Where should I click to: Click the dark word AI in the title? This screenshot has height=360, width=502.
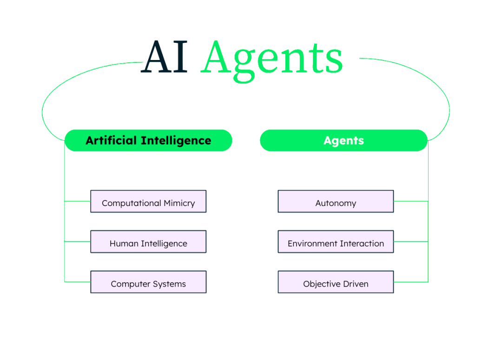[x=165, y=58]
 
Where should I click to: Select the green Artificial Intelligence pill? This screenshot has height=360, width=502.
[x=148, y=140]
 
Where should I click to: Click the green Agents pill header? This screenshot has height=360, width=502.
[x=343, y=140]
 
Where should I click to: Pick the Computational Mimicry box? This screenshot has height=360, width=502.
[x=148, y=202]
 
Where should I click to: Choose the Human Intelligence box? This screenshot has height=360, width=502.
[x=148, y=242]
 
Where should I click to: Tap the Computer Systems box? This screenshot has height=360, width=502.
[x=148, y=282]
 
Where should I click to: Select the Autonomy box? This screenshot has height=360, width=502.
[x=336, y=202]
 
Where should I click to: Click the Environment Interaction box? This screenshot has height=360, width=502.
[x=336, y=242]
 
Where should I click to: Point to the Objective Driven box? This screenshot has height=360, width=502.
[x=336, y=282]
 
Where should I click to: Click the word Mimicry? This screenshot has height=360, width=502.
[x=179, y=203]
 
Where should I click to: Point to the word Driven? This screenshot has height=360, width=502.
[x=355, y=284]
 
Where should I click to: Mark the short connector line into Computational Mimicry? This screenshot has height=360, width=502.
[x=77, y=201]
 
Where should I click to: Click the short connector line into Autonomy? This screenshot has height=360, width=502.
[x=410, y=201]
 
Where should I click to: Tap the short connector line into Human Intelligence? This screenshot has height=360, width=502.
[x=77, y=241]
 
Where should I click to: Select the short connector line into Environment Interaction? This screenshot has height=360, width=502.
[x=410, y=241]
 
